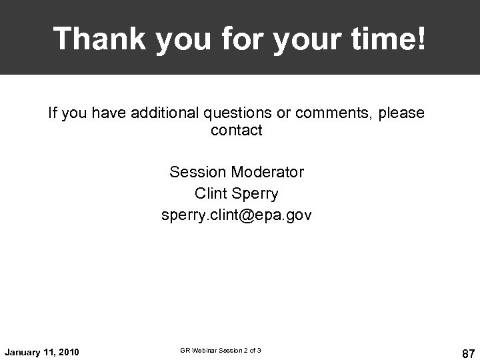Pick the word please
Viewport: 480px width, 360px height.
[401, 113]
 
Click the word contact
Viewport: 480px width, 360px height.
[237, 131]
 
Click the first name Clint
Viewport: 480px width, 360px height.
[211, 194]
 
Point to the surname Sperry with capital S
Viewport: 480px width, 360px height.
[255, 194]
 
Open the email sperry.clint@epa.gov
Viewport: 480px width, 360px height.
[237, 216]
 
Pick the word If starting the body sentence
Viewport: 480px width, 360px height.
[53, 113]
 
